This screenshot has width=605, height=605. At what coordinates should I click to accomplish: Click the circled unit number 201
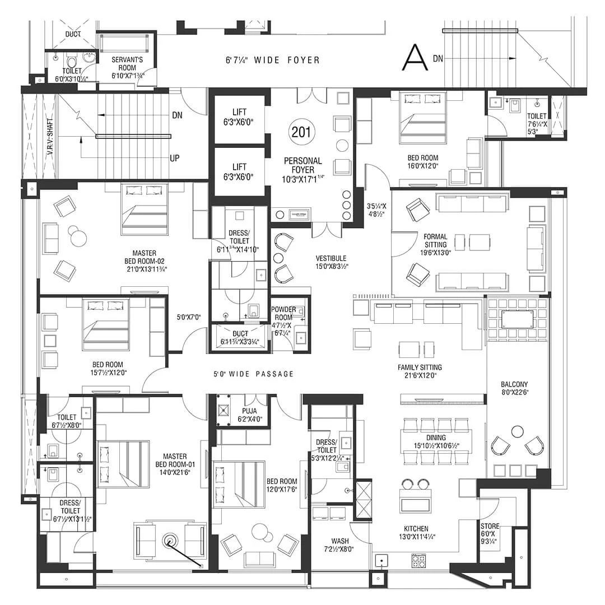coord(301,132)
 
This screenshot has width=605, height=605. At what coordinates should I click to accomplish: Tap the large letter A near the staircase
coord(415,57)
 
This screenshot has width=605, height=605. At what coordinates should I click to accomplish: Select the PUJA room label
coord(249,411)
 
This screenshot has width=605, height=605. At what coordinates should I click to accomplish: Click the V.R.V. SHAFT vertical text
coord(50,137)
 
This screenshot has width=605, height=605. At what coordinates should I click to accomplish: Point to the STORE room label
coord(490,526)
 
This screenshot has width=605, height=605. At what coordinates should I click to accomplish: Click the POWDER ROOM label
coord(283,313)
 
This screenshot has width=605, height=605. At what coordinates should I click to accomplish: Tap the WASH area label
coord(340,541)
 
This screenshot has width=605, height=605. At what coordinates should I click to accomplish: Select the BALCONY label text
coord(514,384)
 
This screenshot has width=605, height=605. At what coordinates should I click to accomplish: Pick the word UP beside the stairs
coord(175,158)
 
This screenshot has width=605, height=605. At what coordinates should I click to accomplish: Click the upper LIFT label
coord(239,112)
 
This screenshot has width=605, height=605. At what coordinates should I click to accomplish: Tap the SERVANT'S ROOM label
coord(127,64)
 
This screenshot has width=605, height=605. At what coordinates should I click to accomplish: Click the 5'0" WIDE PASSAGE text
coord(254,374)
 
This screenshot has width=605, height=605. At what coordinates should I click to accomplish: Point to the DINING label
coord(436,438)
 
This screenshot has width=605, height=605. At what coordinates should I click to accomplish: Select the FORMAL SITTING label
coord(436,241)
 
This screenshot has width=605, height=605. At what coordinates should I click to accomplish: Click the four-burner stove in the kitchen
coord(418,561)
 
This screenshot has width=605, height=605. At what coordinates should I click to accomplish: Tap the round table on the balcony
coord(516,431)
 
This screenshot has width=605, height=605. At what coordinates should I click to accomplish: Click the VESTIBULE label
coord(331,258)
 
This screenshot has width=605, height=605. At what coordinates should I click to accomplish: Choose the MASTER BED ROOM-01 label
coord(175,460)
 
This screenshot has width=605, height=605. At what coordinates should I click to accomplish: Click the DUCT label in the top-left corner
coord(73,34)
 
